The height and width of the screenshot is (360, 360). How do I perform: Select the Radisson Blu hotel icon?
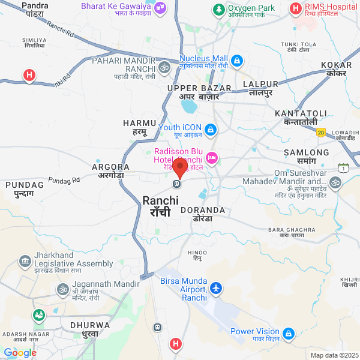coord(211,158)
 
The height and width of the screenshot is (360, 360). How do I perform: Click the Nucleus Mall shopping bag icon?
coord(237,61)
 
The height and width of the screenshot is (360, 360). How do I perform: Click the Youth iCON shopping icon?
coord(210,129)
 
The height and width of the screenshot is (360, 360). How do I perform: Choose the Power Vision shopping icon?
coord(289,333)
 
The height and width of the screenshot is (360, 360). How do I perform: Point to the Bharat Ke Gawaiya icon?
coord(160,8)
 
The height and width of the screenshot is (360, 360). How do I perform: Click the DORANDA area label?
coord(202,211)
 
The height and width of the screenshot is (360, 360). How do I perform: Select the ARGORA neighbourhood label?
coord(110,167)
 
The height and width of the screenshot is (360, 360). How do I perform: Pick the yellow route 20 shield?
coord(321,132)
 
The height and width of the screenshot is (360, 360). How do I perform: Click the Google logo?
coord(20,353)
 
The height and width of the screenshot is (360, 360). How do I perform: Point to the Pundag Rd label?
coord(64,180)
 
